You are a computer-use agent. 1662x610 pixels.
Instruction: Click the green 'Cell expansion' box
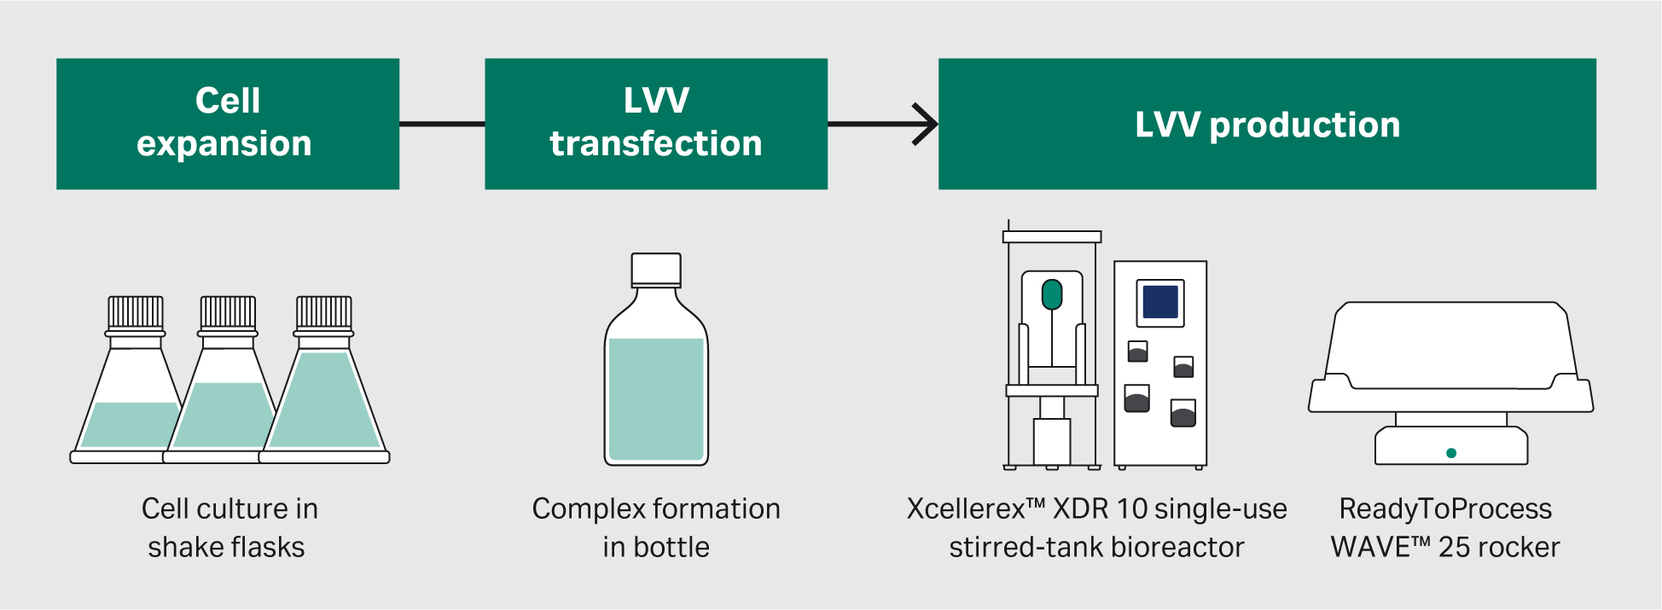click(228, 124)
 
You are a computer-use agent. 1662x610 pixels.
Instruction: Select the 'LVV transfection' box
click(655, 124)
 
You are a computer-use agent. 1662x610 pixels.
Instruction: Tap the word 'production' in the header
click(1305, 125)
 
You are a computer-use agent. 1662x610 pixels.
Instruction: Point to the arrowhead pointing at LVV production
click(927, 125)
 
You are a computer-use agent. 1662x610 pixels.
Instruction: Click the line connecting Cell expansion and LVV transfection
click(442, 124)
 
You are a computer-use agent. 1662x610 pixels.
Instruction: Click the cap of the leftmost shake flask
click(136, 313)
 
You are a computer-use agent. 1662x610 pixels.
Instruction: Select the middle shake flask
click(227, 401)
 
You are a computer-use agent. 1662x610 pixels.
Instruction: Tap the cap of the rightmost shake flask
click(323, 313)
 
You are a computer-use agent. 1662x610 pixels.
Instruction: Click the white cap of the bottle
click(656, 270)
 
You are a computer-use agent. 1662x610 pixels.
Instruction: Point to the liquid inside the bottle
click(656, 398)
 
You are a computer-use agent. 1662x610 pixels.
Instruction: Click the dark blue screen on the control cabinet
click(1160, 302)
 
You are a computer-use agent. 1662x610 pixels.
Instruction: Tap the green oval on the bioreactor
click(1052, 295)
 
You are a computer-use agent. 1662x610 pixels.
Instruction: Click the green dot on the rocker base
click(1451, 453)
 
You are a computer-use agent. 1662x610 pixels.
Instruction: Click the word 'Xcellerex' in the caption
click(966, 509)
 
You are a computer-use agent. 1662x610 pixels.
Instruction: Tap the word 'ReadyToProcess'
click(1445, 509)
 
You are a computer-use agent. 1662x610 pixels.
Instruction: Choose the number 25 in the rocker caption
click(1455, 547)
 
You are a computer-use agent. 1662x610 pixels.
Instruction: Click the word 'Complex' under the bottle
click(588, 509)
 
